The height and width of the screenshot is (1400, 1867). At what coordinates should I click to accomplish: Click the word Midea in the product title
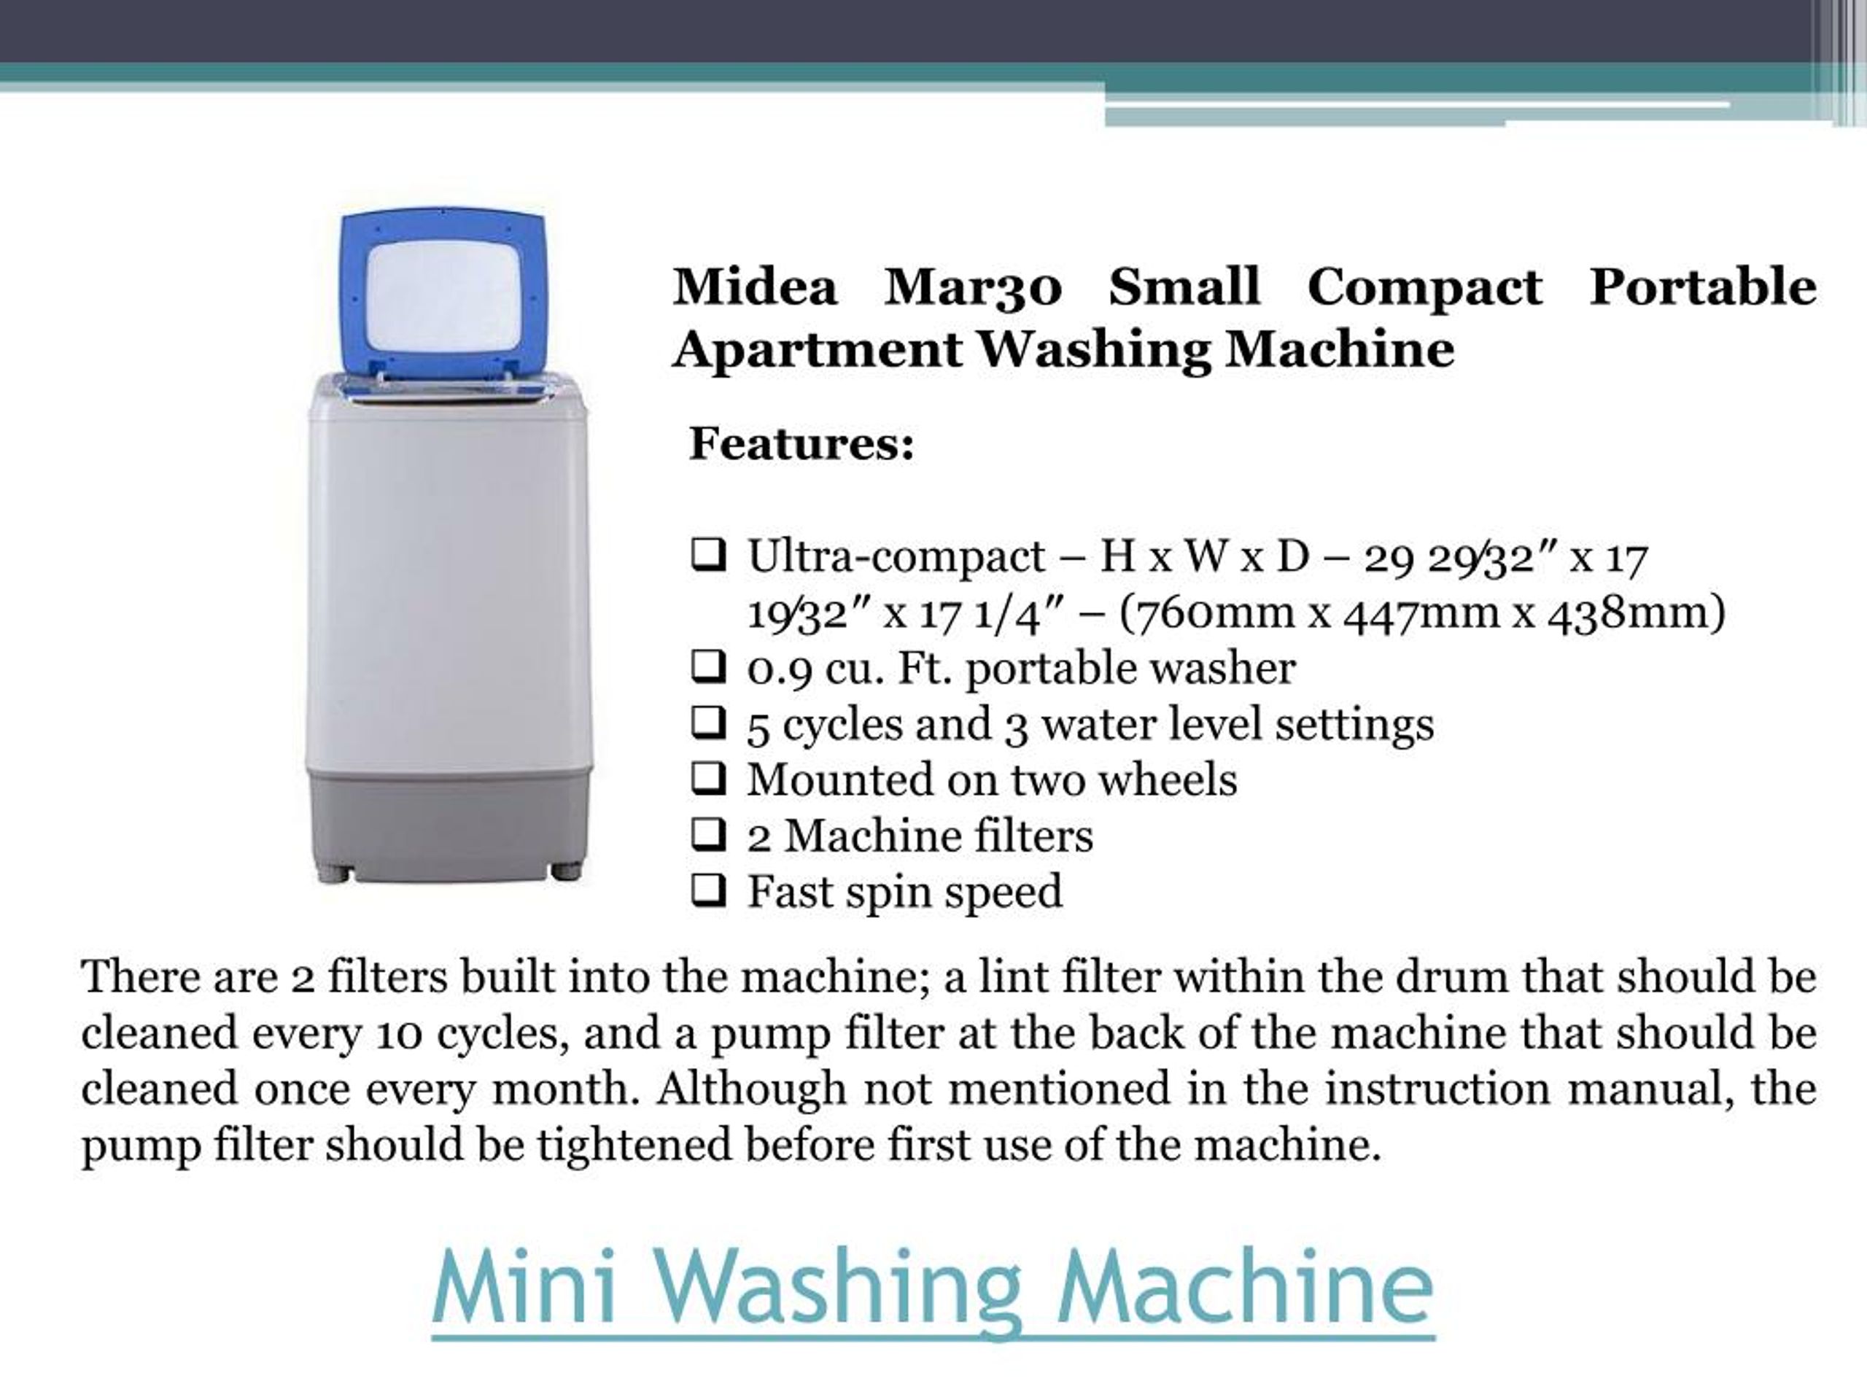click(755, 286)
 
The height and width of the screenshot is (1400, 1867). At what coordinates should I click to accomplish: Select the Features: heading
click(801, 443)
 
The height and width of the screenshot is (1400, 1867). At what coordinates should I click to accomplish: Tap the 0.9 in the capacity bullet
click(779, 669)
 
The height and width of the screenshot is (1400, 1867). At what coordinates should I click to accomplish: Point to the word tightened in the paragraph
click(634, 1145)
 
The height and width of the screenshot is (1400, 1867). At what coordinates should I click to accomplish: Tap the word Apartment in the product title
click(817, 349)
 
